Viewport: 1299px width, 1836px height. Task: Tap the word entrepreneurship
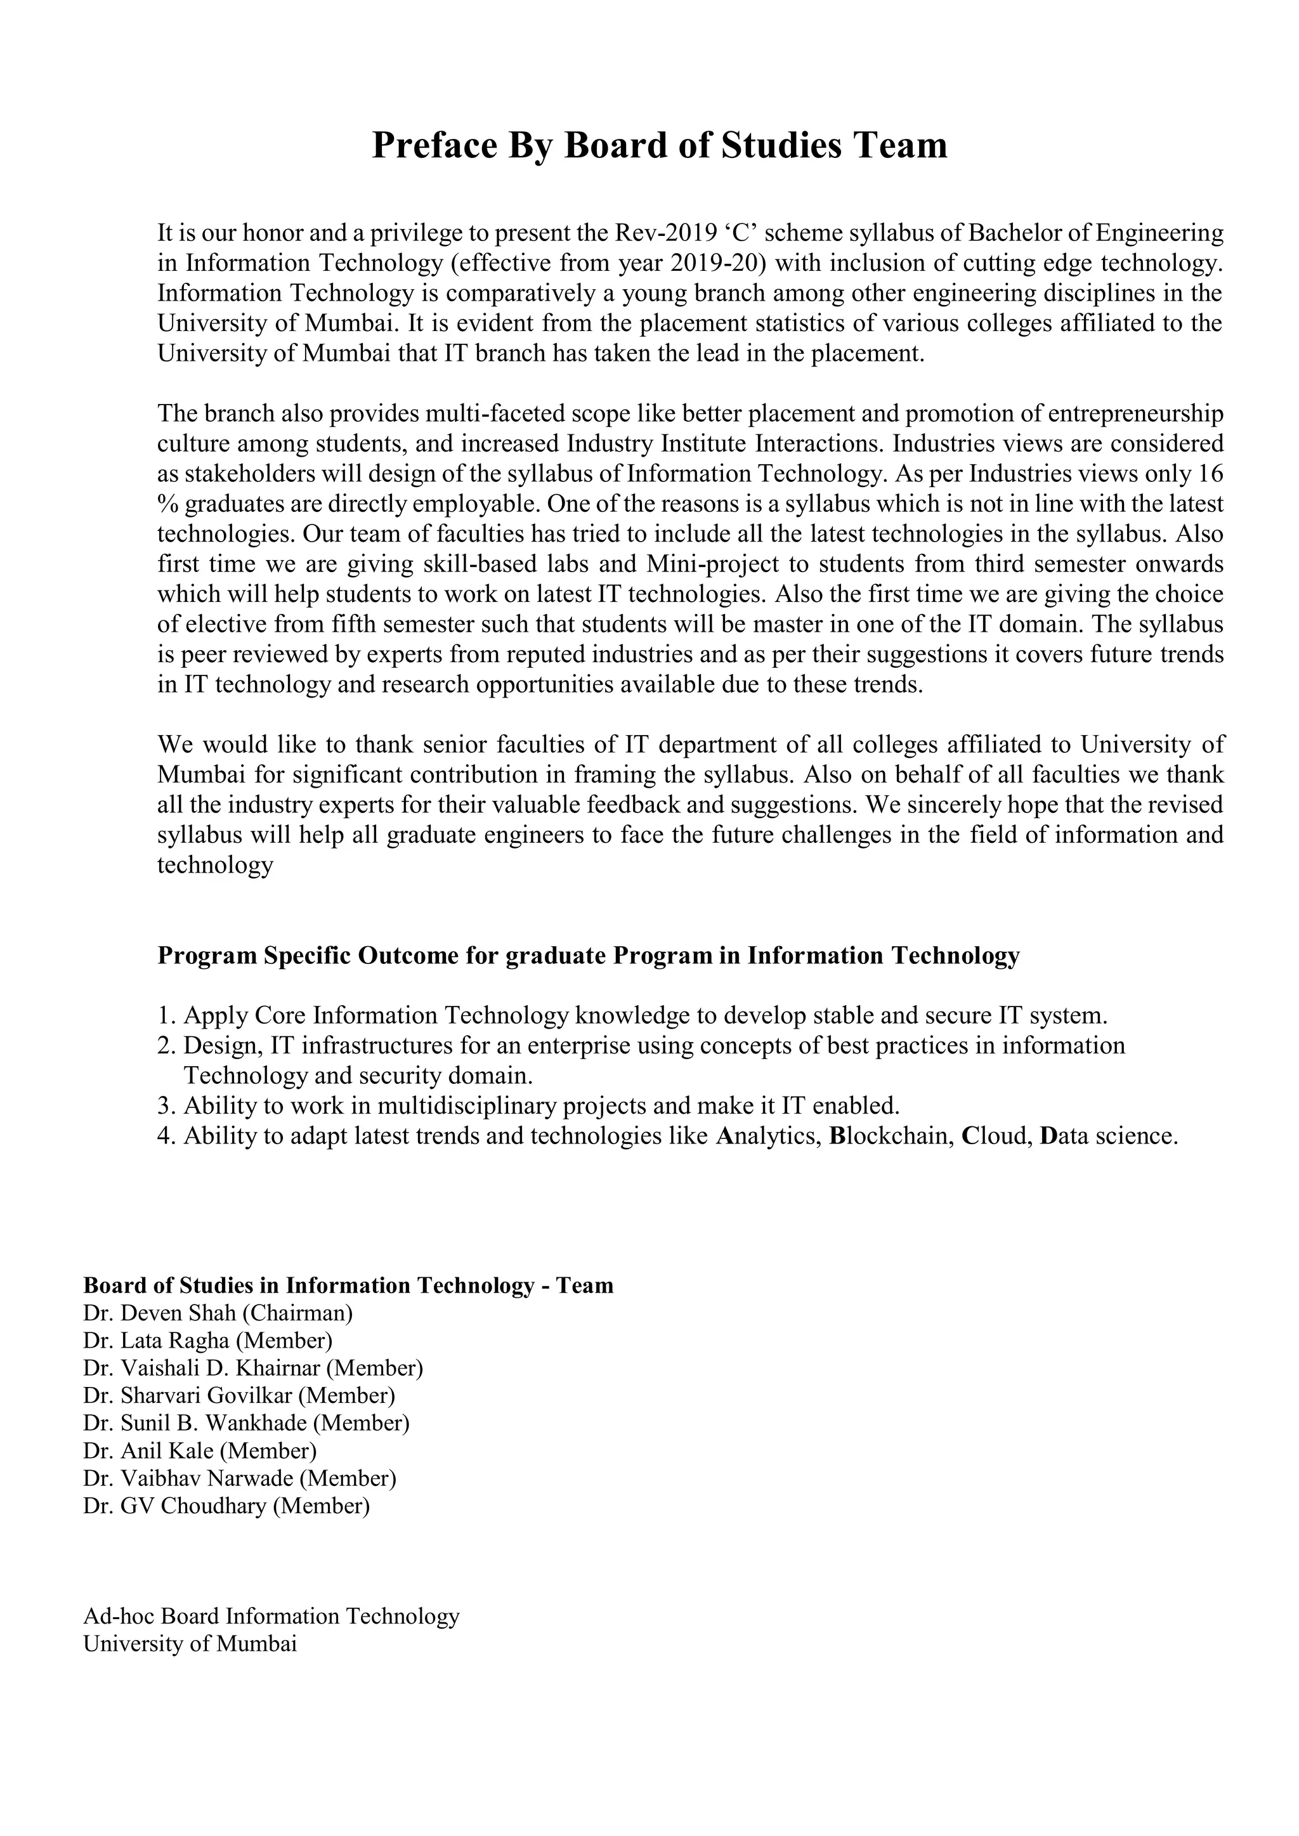pyautogui.click(x=1135, y=413)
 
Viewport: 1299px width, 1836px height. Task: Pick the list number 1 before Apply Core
pyautogui.click(x=166, y=1017)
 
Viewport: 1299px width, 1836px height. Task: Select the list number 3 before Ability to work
pyautogui.click(x=166, y=1106)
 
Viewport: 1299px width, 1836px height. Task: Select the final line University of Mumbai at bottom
pyautogui.click(x=190, y=1644)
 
